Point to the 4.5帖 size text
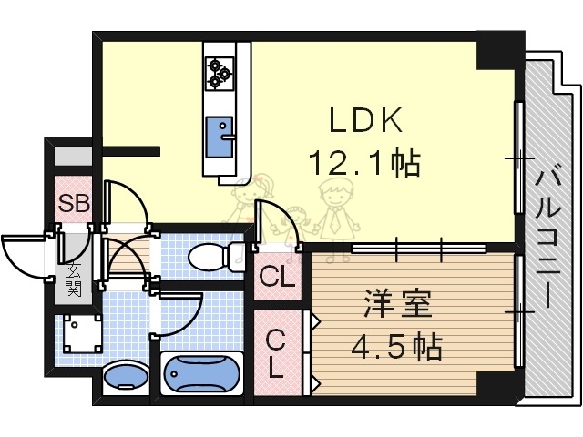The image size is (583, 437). point(398,346)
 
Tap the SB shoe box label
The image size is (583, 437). point(74,203)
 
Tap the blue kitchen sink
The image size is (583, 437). point(220,134)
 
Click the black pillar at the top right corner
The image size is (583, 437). point(500,51)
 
